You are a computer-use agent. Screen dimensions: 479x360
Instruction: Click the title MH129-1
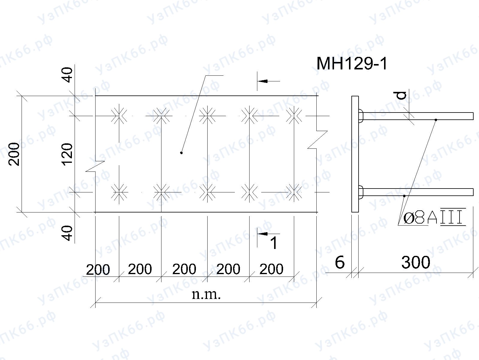click(352, 64)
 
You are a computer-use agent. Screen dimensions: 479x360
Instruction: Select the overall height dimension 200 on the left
click(14, 154)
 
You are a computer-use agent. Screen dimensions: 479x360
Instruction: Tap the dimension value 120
click(67, 154)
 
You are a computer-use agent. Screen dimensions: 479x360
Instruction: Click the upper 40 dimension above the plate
click(67, 75)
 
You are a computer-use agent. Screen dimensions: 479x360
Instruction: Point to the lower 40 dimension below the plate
click(67, 233)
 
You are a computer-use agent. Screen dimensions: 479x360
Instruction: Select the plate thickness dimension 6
click(340, 262)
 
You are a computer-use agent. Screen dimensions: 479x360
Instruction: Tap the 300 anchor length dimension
click(416, 262)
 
